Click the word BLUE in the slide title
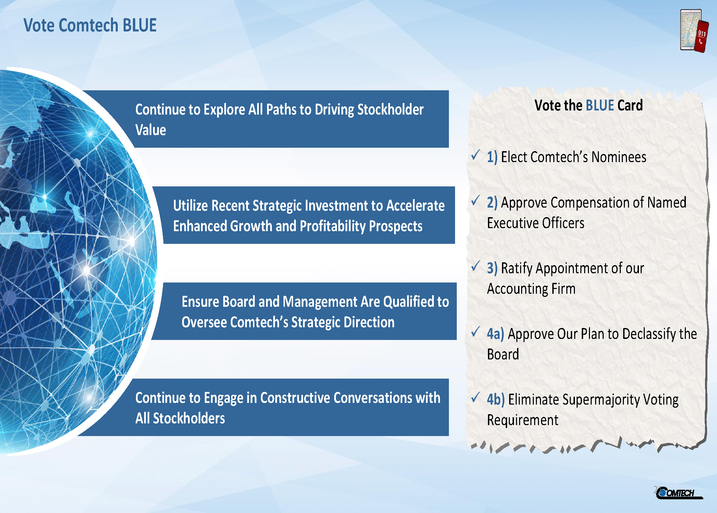coord(139,25)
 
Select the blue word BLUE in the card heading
coord(600,105)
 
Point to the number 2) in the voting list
coord(492,202)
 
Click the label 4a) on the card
coord(495,334)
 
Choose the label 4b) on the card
coord(496,399)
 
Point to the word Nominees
coord(619,157)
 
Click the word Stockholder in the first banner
coord(390,110)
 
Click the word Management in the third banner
coord(320,302)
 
